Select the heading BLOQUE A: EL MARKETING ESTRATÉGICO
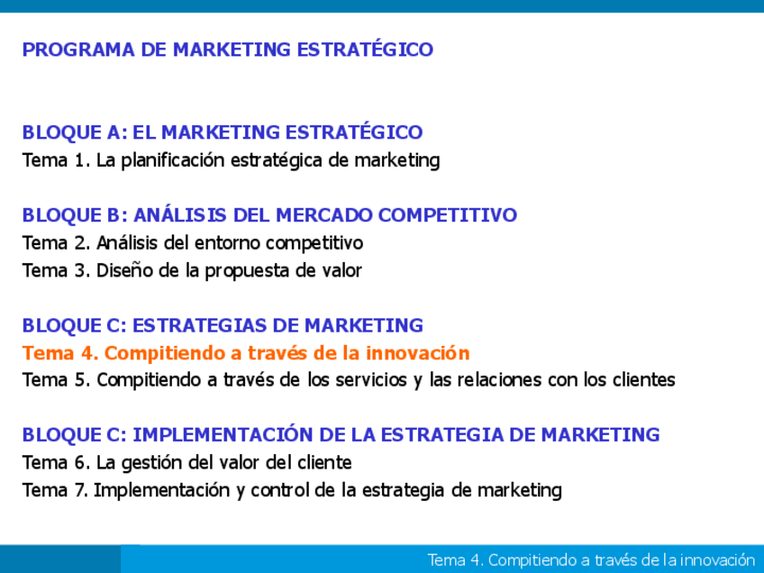pos(223,132)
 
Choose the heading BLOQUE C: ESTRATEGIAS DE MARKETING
pos(223,325)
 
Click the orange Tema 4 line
pos(246,353)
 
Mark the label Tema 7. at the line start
pos(55,491)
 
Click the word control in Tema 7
pos(281,491)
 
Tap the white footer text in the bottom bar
pos(590,560)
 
